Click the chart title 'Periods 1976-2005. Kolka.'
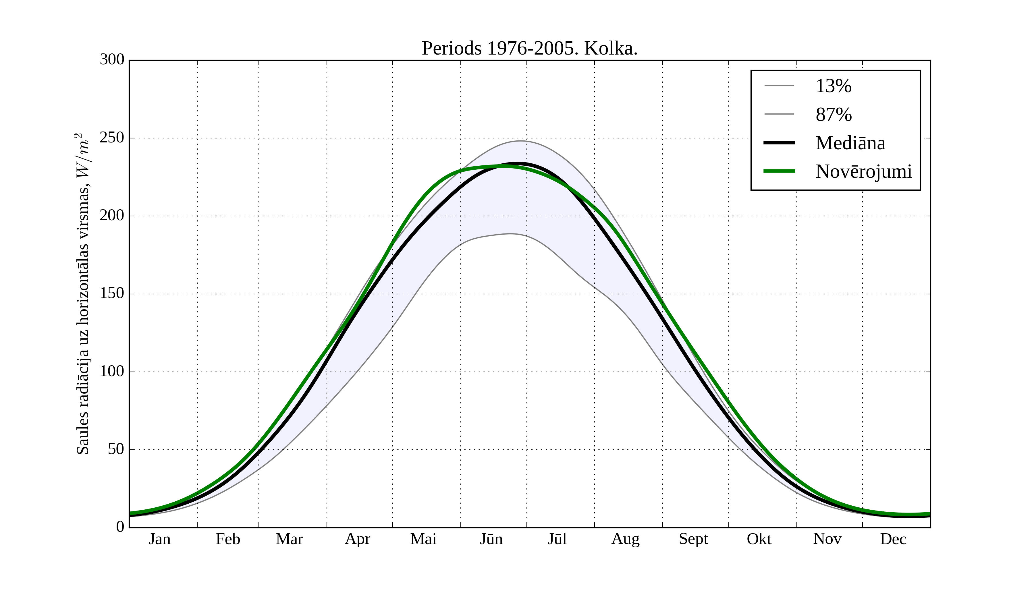click(x=529, y=49)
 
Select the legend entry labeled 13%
click(x=833, y=86)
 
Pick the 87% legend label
click(x=833, y=115)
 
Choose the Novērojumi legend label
click(x=863, y=171)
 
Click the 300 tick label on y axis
click(x=112, y=59)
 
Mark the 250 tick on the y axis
click(x=112, y=138)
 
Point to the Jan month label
click(x=160, y=539)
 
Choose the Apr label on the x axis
click(x=357, y=539)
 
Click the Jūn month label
click(x=491, y=539)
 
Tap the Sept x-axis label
click(x=693, y=539)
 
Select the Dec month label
click(x=893, y=539)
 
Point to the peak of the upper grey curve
click(x=520, y=141)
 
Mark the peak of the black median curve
click(x=518, y=163)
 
